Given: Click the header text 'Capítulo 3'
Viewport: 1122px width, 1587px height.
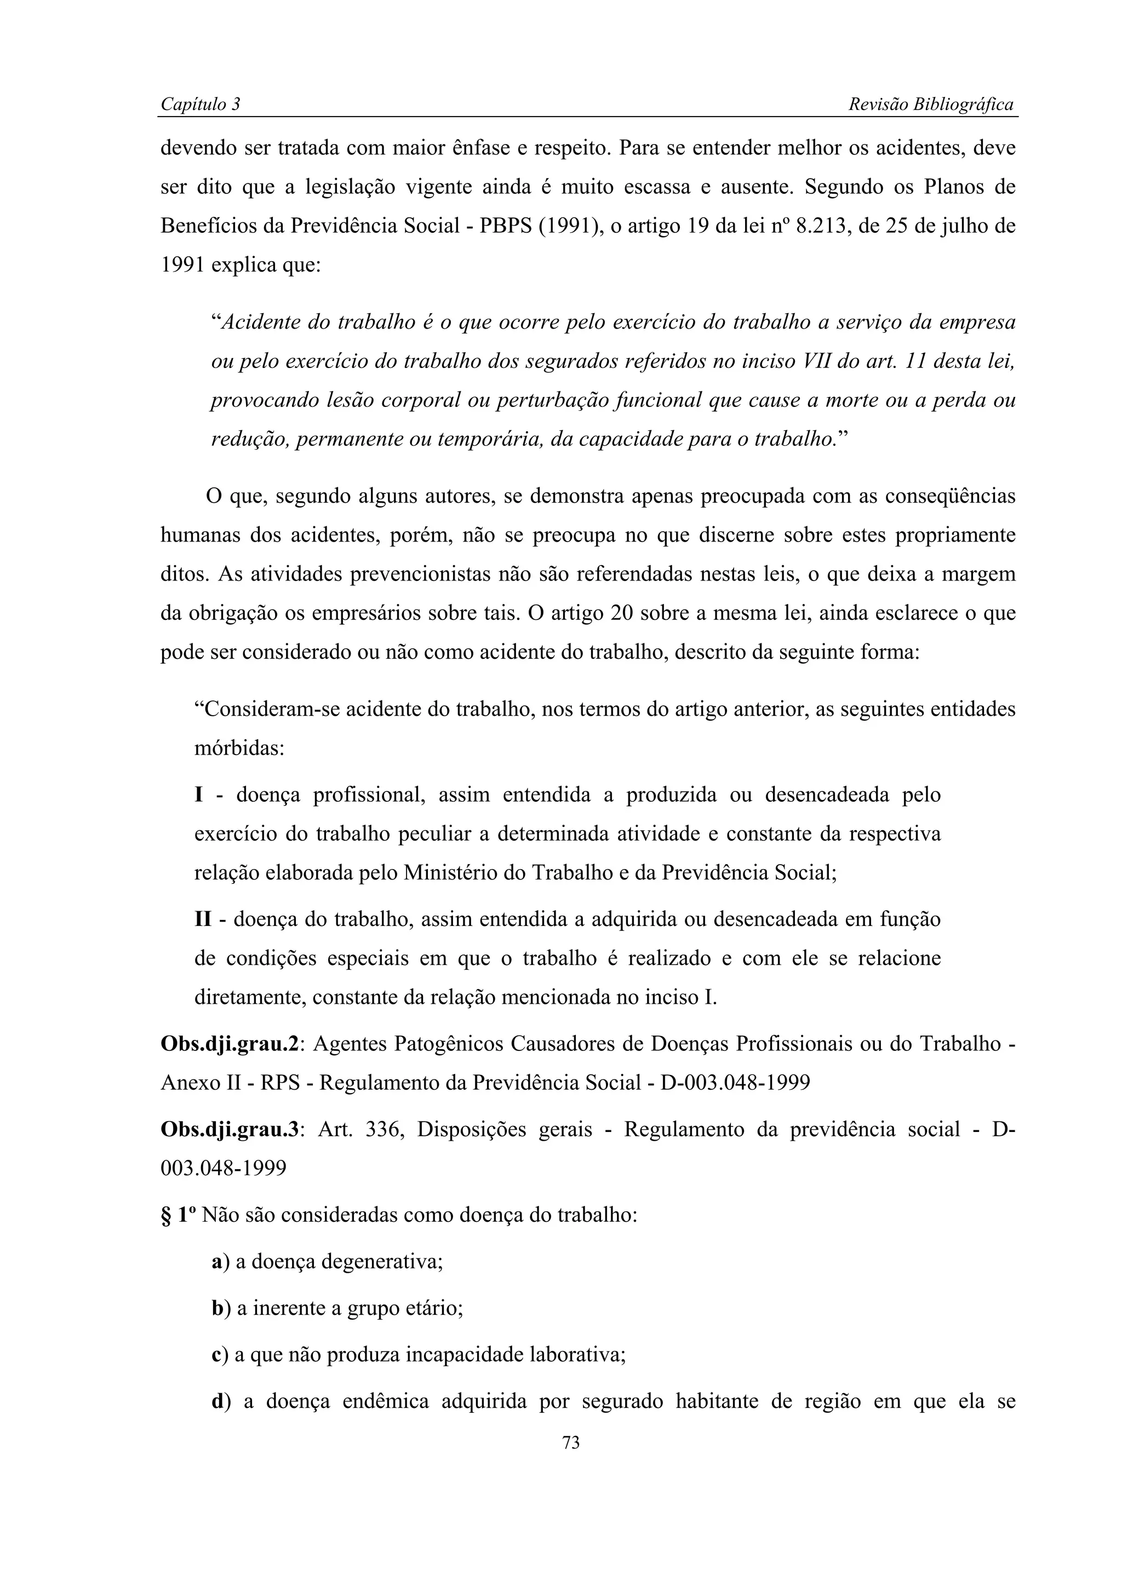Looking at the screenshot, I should (200, 105).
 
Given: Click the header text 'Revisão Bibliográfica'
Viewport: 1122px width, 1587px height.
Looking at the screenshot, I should (930, 105).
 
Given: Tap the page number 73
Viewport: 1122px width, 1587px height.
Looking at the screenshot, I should (571, 1442).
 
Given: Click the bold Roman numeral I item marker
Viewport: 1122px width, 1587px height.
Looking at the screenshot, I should (199, 795).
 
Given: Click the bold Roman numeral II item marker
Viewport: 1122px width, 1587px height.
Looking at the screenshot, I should (203, 920).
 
